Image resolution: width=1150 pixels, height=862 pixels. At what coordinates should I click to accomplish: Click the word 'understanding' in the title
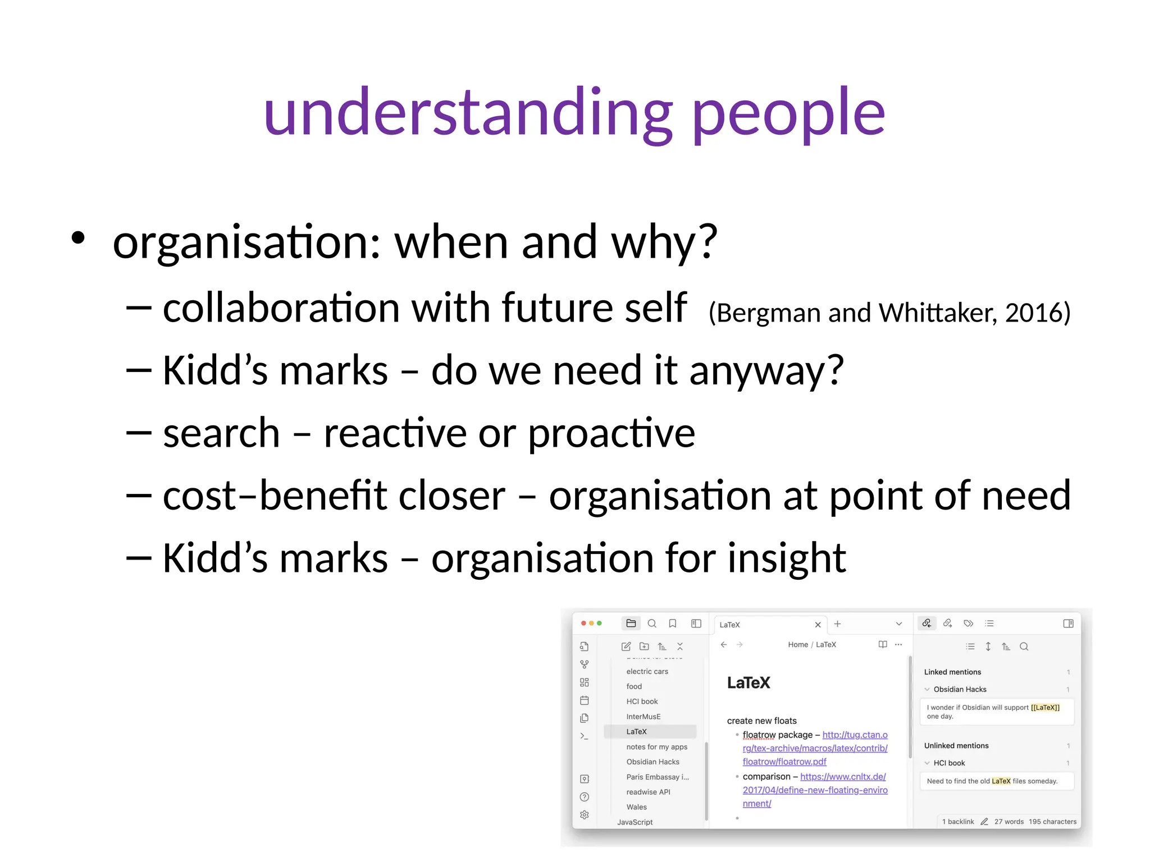468,112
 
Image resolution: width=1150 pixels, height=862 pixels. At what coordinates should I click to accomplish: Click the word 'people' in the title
788,115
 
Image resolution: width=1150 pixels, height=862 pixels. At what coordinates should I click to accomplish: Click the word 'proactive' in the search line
611,433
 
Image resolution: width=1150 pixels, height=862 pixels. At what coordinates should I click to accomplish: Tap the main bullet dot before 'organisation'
78,238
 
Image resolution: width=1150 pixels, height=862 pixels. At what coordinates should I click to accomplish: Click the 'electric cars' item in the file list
647,671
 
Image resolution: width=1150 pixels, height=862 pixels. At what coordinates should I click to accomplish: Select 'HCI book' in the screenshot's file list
642,701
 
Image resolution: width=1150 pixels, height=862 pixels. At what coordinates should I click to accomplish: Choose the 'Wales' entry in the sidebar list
636,807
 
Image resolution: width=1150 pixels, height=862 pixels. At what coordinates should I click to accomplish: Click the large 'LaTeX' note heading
748,683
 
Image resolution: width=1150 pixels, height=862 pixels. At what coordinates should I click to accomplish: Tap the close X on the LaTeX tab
818,625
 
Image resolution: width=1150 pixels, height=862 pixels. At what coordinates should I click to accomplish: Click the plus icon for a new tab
837,624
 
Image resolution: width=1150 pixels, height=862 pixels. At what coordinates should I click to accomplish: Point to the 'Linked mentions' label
952,672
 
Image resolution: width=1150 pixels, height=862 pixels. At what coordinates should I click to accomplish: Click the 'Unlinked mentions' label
956,746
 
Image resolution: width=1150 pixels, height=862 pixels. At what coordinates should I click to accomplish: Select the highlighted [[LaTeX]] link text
1045,708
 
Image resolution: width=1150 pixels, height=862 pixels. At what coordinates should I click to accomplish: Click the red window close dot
583,623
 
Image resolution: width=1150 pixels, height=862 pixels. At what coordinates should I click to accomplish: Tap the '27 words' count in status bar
1008,822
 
